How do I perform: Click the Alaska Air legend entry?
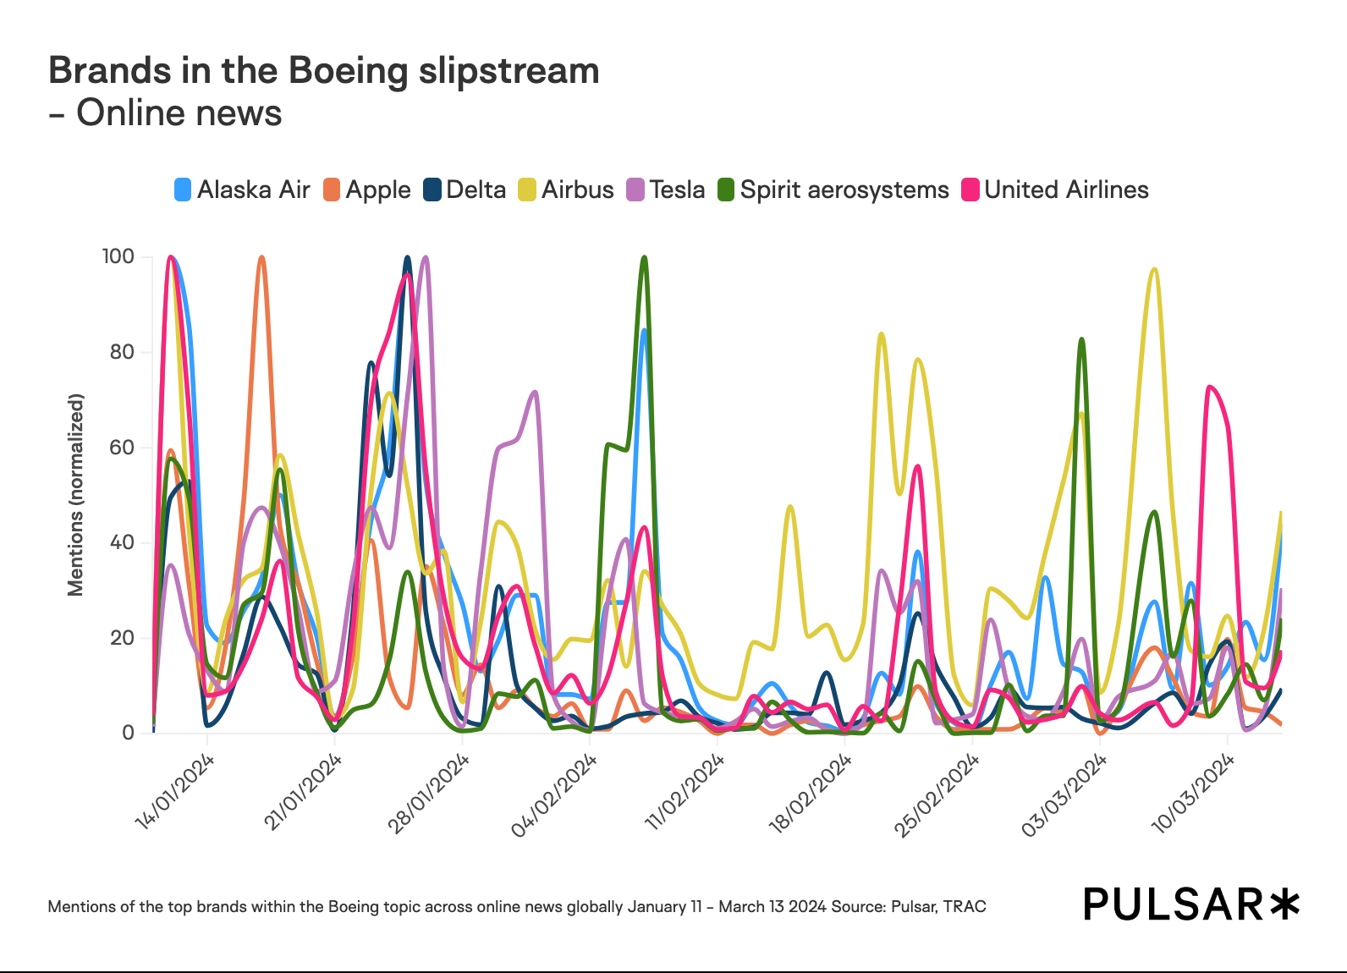pos(242,190)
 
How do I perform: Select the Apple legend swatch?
pos(332,190)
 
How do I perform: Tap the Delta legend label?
pos(476,190)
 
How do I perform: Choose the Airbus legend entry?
pos(566,190)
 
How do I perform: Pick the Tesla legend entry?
pos(666,190)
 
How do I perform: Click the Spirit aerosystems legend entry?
pos(833,190)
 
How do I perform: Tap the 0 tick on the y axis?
pos(129,733)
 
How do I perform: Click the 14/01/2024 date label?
pos(176,791)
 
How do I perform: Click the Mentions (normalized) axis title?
pos(76,495)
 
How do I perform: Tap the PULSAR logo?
pos(1191,904)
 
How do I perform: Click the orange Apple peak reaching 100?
pos(262,257)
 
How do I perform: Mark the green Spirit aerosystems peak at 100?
pos(645,257)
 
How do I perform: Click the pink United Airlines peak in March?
pos(1211,388)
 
